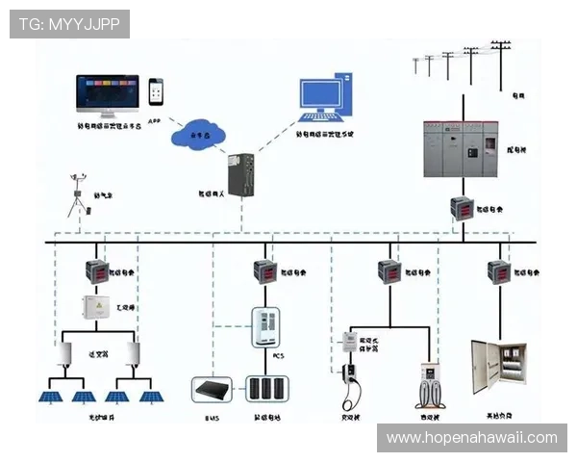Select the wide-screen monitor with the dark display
tap(108, 94)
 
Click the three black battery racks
tap(265, 388)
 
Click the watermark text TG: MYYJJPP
tap(70, 23)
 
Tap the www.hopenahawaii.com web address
tap(471, 438)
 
